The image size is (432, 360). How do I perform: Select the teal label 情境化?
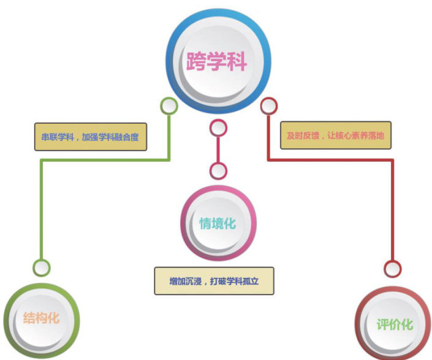[x=218, y=223]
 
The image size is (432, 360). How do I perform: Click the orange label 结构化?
[x=42, y=318]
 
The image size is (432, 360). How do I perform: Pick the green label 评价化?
[x=395, y=324]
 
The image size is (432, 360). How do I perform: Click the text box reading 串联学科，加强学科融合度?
[x=91, y=137]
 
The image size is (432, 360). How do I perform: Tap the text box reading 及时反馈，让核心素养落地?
[x=335, y=135]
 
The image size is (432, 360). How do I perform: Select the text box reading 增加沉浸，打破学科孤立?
[x=213, y=281]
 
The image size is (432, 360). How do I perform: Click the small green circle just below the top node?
[x=169, y=106]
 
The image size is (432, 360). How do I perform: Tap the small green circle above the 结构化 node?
[x=42, y=268]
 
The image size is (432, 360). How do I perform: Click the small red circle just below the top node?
[x=268, y=106]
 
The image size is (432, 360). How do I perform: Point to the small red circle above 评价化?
[x=392, y=268]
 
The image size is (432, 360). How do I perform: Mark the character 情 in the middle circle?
[x=206, y=223]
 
